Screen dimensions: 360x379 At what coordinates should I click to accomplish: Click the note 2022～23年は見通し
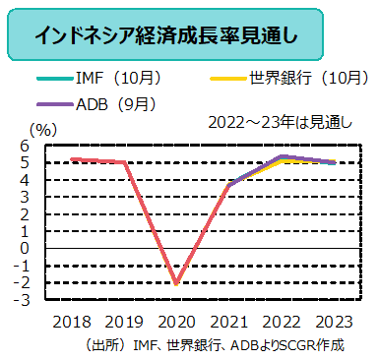(x=280, y=123)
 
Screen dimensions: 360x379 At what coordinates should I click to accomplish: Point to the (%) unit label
(x=44, y=127)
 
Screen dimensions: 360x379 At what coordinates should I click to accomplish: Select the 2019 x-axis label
(x=123, y=321)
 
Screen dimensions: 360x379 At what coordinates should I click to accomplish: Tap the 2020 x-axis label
(x=177, y=321)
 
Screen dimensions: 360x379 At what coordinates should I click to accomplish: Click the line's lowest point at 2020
(x=177, y=283)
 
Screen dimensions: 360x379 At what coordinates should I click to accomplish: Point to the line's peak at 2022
(x=284, y=156)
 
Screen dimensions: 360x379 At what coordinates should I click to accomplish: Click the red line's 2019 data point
(x=124, y=162)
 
